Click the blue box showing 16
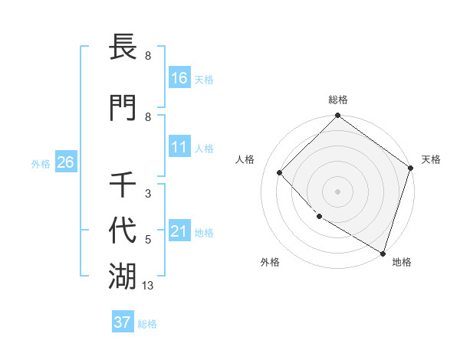click(179, 78)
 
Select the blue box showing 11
click(179, 147)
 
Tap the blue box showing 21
click(179, 231)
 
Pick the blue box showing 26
click(65, 162)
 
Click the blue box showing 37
click(122, 322)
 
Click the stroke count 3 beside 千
click(147, 194)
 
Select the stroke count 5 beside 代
click(147, 240)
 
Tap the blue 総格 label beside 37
click(147, 324)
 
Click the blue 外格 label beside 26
click(41, 163)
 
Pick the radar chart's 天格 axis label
click(431, 159)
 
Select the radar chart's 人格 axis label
click(245, 159)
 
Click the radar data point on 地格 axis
click(383, 252)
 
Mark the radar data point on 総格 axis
click(337, 116)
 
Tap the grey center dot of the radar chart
click(337, 191)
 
